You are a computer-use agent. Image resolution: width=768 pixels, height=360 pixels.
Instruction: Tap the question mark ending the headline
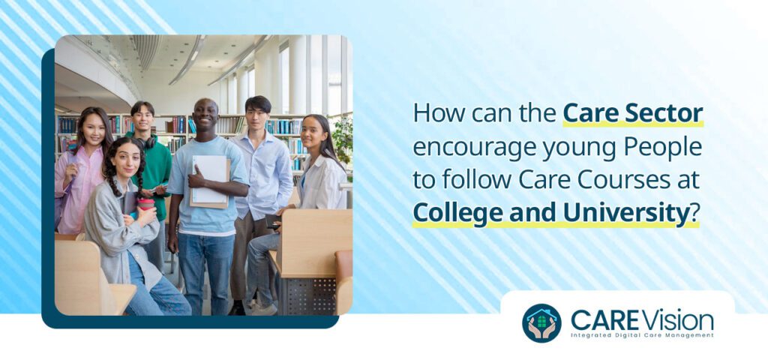coord(694,214)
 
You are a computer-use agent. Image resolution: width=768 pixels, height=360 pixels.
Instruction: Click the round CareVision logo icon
coord(541,322)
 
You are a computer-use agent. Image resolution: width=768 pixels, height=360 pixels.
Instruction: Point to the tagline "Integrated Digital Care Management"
coord(642,335)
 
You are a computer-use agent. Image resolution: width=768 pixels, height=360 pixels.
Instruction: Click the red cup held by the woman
coord(145,205)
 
